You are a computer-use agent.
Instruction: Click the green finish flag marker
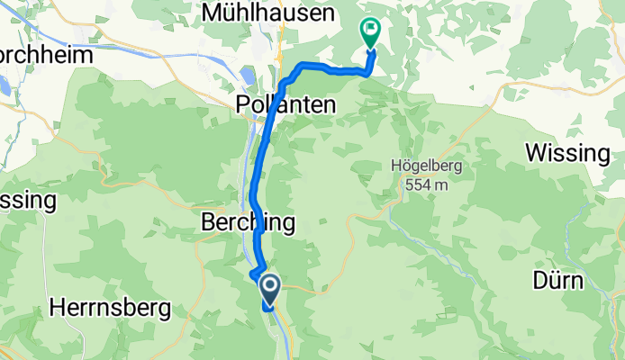369,31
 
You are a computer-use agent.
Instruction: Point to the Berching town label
246,222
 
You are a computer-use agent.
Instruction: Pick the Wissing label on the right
567,153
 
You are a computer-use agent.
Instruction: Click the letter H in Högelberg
397,166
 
